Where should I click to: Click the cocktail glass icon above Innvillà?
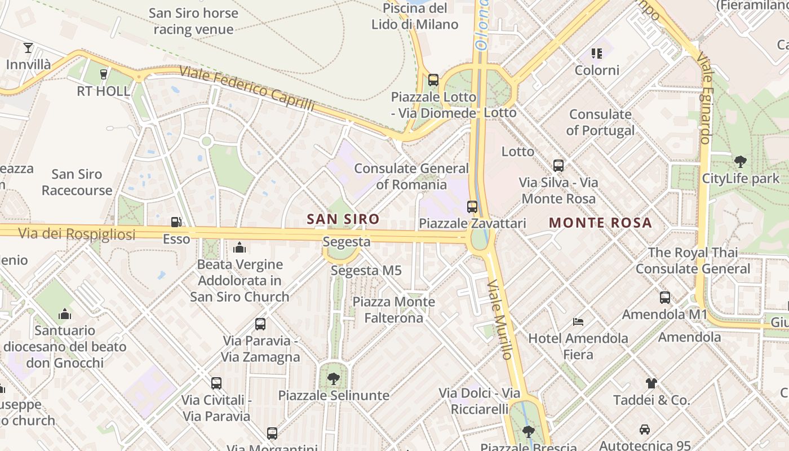pos(28,48)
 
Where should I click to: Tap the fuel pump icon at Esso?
pos(176,222)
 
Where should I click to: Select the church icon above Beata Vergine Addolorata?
pos(240,247)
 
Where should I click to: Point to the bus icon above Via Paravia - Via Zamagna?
pos(260,324)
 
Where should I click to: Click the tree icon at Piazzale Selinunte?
pos(334,378)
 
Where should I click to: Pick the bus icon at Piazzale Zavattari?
pos(472,207)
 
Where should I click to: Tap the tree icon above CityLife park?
pos(741,162)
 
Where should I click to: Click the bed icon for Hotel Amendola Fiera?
pos(578,322)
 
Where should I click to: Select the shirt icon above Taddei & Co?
pos(651,383)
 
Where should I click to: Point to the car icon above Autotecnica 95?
pos(645,430)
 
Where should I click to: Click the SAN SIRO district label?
pos(343,219)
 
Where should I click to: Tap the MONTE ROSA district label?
pos(600,223)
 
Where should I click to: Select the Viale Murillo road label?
pos(500,319)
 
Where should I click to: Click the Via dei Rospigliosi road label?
pos(77,233)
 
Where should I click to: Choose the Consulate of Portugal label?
pos(600,122)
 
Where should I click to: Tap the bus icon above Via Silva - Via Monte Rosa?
pos(558,166)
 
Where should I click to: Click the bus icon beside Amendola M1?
pos(665,298)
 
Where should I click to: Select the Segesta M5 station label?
pos(366,271)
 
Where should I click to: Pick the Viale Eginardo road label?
pos(704,99)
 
